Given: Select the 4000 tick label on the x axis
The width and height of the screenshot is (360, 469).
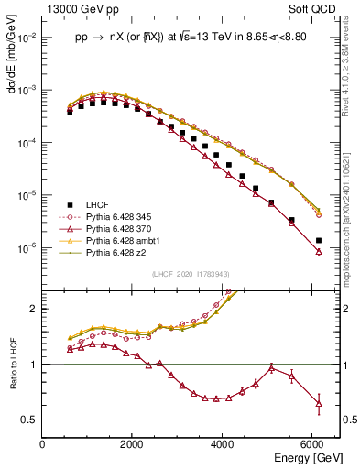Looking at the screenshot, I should [224, 444].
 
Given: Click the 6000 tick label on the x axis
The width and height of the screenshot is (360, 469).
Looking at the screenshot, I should [313, 444].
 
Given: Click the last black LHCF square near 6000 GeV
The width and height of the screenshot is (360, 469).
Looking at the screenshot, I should [318, 240].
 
